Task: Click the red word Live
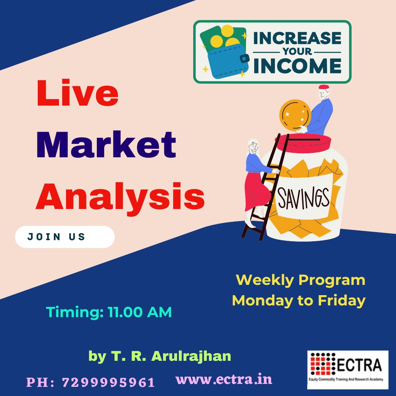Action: click(77, 93)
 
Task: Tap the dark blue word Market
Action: click(106, 145)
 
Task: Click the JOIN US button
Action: click(65, 237)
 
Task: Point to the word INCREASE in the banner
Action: click(297, 38)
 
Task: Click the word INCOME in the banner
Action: click(297, 66)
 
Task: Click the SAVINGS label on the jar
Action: click(303, 198)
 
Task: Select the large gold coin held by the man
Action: click(295, 115)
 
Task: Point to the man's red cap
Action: click(323, 87)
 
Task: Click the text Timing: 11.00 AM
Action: click(109, 312)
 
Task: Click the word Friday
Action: click(341, 301)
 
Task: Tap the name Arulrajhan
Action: click(191, 356)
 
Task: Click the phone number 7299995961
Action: click(108, 382)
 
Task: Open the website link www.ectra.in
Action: click(224, 379)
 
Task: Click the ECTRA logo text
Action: click(359, 365)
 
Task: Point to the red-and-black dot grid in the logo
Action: click(323, 364)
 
